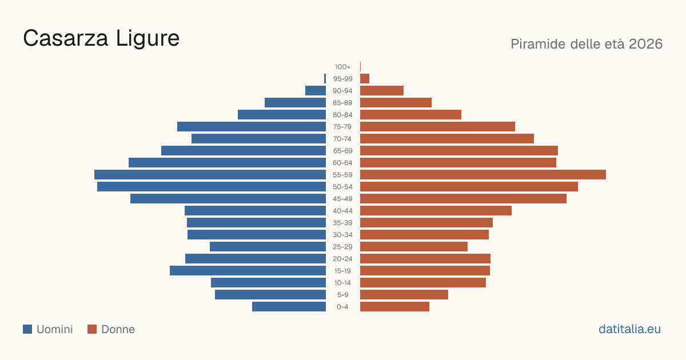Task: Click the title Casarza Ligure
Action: coord(101,38)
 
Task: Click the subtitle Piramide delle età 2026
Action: coord(587,44)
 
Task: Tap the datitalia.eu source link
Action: coord(629,329)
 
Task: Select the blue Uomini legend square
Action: coord(27,329)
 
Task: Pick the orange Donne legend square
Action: coord(92,329)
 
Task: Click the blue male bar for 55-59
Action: coord(210,174)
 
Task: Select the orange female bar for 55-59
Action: coord(483,174)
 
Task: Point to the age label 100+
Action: coord(342,67)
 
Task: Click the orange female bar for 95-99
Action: coord(365,79)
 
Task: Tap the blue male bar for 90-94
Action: coord(316,91)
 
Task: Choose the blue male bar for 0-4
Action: coord(289,307)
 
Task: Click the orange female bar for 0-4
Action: coord(395,307)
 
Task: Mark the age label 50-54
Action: coord(342,187)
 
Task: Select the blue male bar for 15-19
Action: coord(248,271)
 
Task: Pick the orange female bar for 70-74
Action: coord(447,139)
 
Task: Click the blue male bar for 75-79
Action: coord(252,127)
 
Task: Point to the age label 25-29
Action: coord(342,247)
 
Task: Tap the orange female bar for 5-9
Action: coord(404,295)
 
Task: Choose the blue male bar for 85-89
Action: coord(295,102)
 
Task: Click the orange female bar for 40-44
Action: coord(436,211)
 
